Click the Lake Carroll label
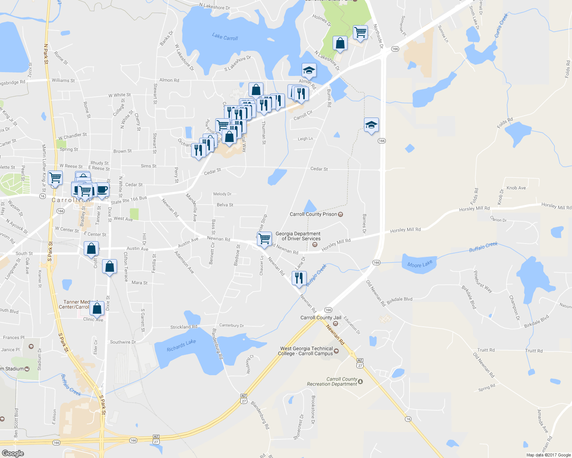click(x=225, y=37)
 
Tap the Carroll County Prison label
click(x=313, y=214)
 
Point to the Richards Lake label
click(x=181, y=345)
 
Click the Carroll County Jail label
click(x=321, y=318)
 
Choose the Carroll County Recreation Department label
click(x=332, y=382)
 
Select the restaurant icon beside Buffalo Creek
click(x=299, y=277)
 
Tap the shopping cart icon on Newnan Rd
click(x=265, y=239)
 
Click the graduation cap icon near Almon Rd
click(x=309, y=70)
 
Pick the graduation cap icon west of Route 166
click(x=371, y=125)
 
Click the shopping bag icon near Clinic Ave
click(x=97, y=308)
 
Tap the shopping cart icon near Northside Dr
click(x=360, y=32)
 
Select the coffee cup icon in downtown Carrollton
click(x=102, y=189)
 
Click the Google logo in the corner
click(x=13, y=453)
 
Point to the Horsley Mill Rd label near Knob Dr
click(x=474, y=209)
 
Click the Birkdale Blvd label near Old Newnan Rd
click(x=399, y=300)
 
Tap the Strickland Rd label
click(x=184, y=327)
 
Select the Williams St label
click(x=63, y=81)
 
